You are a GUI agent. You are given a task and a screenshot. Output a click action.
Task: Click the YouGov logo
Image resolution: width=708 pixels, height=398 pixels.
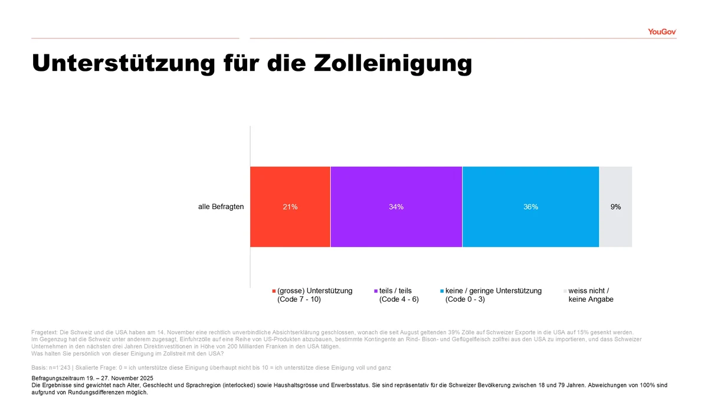[x=661, y=31]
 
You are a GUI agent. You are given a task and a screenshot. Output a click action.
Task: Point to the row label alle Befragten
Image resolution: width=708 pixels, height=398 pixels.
[x=221, y=207]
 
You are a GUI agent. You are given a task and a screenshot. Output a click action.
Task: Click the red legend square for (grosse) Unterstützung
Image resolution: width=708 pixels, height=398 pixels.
[x=274, y=291]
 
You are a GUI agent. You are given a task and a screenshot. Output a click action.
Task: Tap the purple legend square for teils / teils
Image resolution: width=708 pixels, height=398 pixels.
[x=376, y=291]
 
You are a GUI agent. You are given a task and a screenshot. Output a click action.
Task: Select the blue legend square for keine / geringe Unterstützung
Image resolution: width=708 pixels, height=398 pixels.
[x=442, y=291]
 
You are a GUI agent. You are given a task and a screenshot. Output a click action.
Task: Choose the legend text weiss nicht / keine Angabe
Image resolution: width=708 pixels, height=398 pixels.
[x=591, y=295]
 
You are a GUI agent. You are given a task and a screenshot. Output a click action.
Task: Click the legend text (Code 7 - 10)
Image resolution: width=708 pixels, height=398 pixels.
[x=299, y=299]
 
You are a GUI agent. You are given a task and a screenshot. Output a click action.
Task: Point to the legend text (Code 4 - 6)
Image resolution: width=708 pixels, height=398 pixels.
[x=399, y=299]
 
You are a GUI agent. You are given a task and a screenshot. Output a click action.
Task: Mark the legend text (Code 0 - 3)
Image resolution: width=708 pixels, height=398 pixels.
[x=465, y=299]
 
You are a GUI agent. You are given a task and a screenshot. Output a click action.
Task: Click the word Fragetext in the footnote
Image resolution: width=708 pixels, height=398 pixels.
[x=45, y=332]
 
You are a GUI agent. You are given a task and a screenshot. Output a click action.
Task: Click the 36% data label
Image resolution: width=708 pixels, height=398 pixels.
[x=530, y=207]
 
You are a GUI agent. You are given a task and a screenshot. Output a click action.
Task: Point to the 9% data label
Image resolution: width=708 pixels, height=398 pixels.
[x=616, y=207]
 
